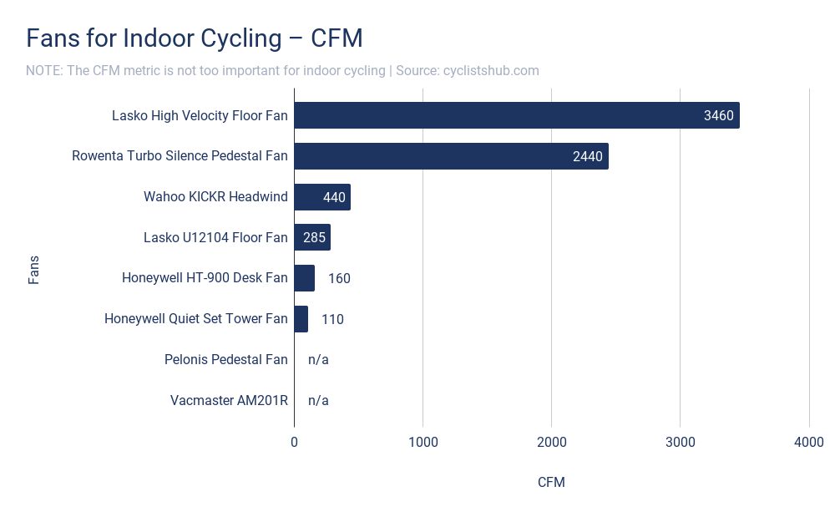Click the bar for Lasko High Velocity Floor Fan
coord(516,115)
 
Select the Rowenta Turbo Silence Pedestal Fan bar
coord(451,156)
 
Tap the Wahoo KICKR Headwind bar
coord(321,197)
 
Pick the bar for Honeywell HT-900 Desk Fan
coord(304,278)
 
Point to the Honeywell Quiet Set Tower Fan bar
coord(301,318)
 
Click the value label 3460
coord(718,116)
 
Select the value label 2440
coord(587,156)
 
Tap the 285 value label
coord(314,238)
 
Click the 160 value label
coord(339,278)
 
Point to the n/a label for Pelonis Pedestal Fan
coord(318,360)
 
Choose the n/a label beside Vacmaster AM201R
coord(318,400)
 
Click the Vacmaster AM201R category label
coord(229,400)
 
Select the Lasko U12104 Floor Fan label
coord(215,238)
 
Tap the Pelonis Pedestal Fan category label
coord(225,360)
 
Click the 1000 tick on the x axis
coord(423,443)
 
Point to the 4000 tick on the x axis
coord(808,443)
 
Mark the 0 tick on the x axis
coord(294,443)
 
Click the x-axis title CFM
coord(551,483)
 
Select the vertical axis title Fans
coord(34,270)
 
